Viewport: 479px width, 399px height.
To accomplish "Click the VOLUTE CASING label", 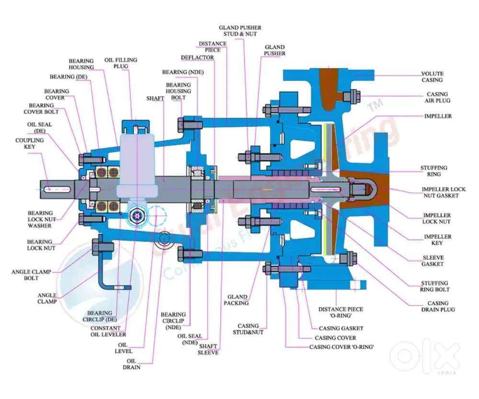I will tap(432, 77).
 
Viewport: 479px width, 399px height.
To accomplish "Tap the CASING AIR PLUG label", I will tap(437, 97).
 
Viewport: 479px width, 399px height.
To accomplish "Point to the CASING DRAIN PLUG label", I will tap(438, 306).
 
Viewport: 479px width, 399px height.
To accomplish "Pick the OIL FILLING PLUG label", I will tap(121, 63).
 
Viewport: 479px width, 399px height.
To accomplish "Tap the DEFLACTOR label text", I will tap(197, 57).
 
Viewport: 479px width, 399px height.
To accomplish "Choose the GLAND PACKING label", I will tap(238, 300).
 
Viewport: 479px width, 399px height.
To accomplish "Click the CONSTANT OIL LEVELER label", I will tap(109, 331).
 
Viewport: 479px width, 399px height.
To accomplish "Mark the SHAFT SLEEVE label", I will tap(208, 349).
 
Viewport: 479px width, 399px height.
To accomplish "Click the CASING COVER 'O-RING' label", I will tap(341, 347).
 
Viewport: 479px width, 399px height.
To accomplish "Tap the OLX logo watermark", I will tap(425, 356).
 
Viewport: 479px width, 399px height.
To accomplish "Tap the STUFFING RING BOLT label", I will tap(434, 286).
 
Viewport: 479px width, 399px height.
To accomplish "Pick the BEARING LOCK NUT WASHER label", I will tap(40, 219).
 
